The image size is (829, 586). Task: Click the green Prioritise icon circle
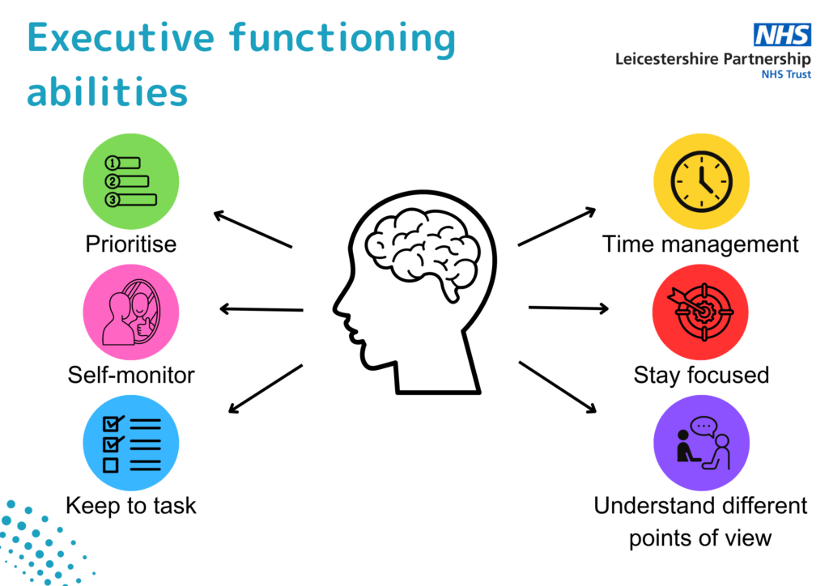(131, 180)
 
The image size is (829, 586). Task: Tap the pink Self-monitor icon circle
(131, 312)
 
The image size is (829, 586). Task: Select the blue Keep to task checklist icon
(131, 443)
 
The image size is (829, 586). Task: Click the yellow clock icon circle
(700, 180)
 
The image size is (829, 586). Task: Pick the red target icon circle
(700, 312)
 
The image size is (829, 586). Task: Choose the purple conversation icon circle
(700, 443)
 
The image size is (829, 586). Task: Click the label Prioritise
(131, 244)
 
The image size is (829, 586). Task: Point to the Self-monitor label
(131, 376)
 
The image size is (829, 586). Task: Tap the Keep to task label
(131, 506)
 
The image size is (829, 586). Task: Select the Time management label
(700, 244)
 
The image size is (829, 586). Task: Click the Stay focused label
(700, 376)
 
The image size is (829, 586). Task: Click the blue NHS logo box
(782, 35)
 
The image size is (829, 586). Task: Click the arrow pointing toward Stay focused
(568, 308)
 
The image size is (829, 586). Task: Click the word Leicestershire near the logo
(663, 59)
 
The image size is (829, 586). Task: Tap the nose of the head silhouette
(338, 305)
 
